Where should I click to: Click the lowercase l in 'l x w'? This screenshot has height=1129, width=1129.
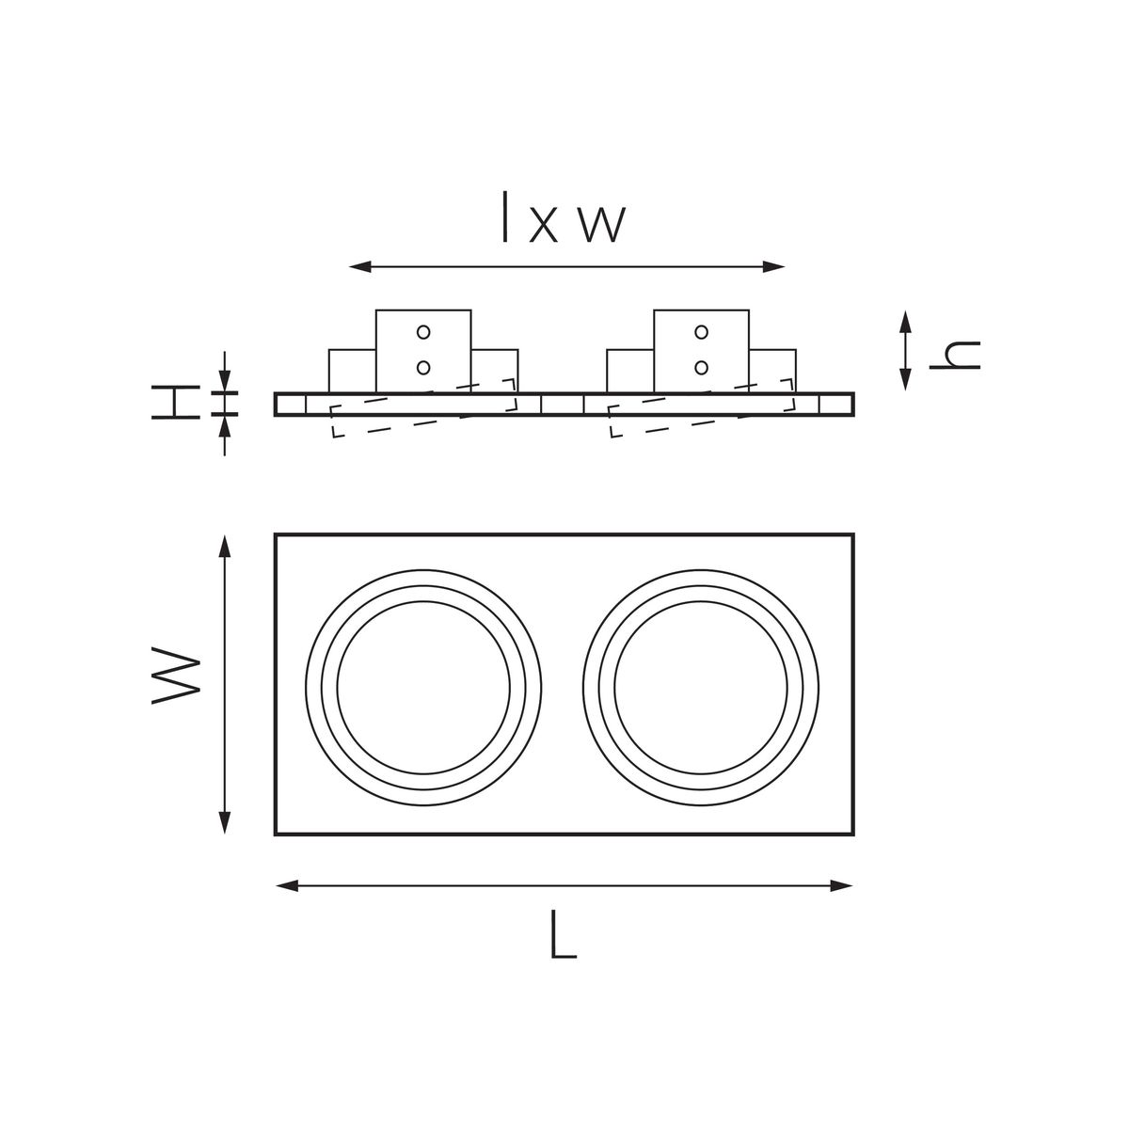tap(506, 218)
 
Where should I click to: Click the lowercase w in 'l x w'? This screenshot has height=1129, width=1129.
tap(600, 225)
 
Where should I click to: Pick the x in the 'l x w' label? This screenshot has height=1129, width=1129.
tap(543, 226)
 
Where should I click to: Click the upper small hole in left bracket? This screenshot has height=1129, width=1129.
tap(423, 331)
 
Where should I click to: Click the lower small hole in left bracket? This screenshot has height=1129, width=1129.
tap(423, 366)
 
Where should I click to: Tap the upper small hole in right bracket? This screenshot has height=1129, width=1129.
tap(701, 331)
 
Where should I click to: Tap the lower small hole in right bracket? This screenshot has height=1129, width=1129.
tap(701, 366)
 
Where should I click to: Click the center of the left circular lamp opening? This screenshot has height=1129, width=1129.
tap(423, 687)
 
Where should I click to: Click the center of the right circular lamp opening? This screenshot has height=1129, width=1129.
tap(701, 687)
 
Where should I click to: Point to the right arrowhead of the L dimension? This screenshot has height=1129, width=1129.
tap(844, 884)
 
